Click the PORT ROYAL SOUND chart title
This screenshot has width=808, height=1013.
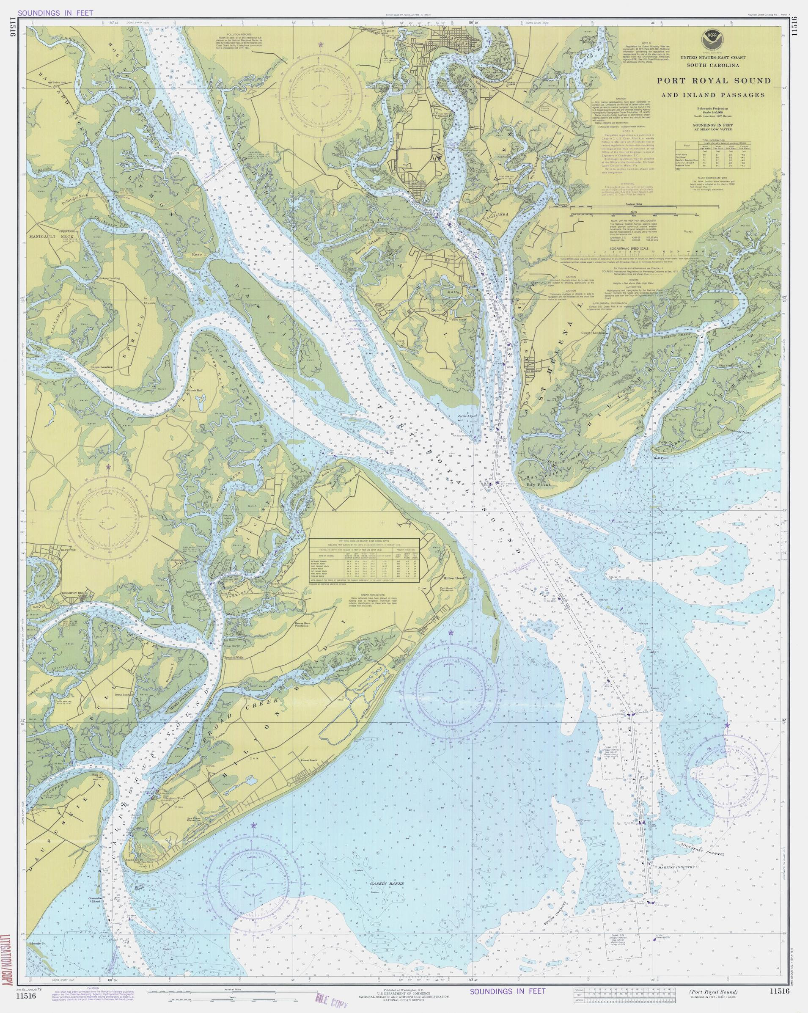(714, 80)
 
